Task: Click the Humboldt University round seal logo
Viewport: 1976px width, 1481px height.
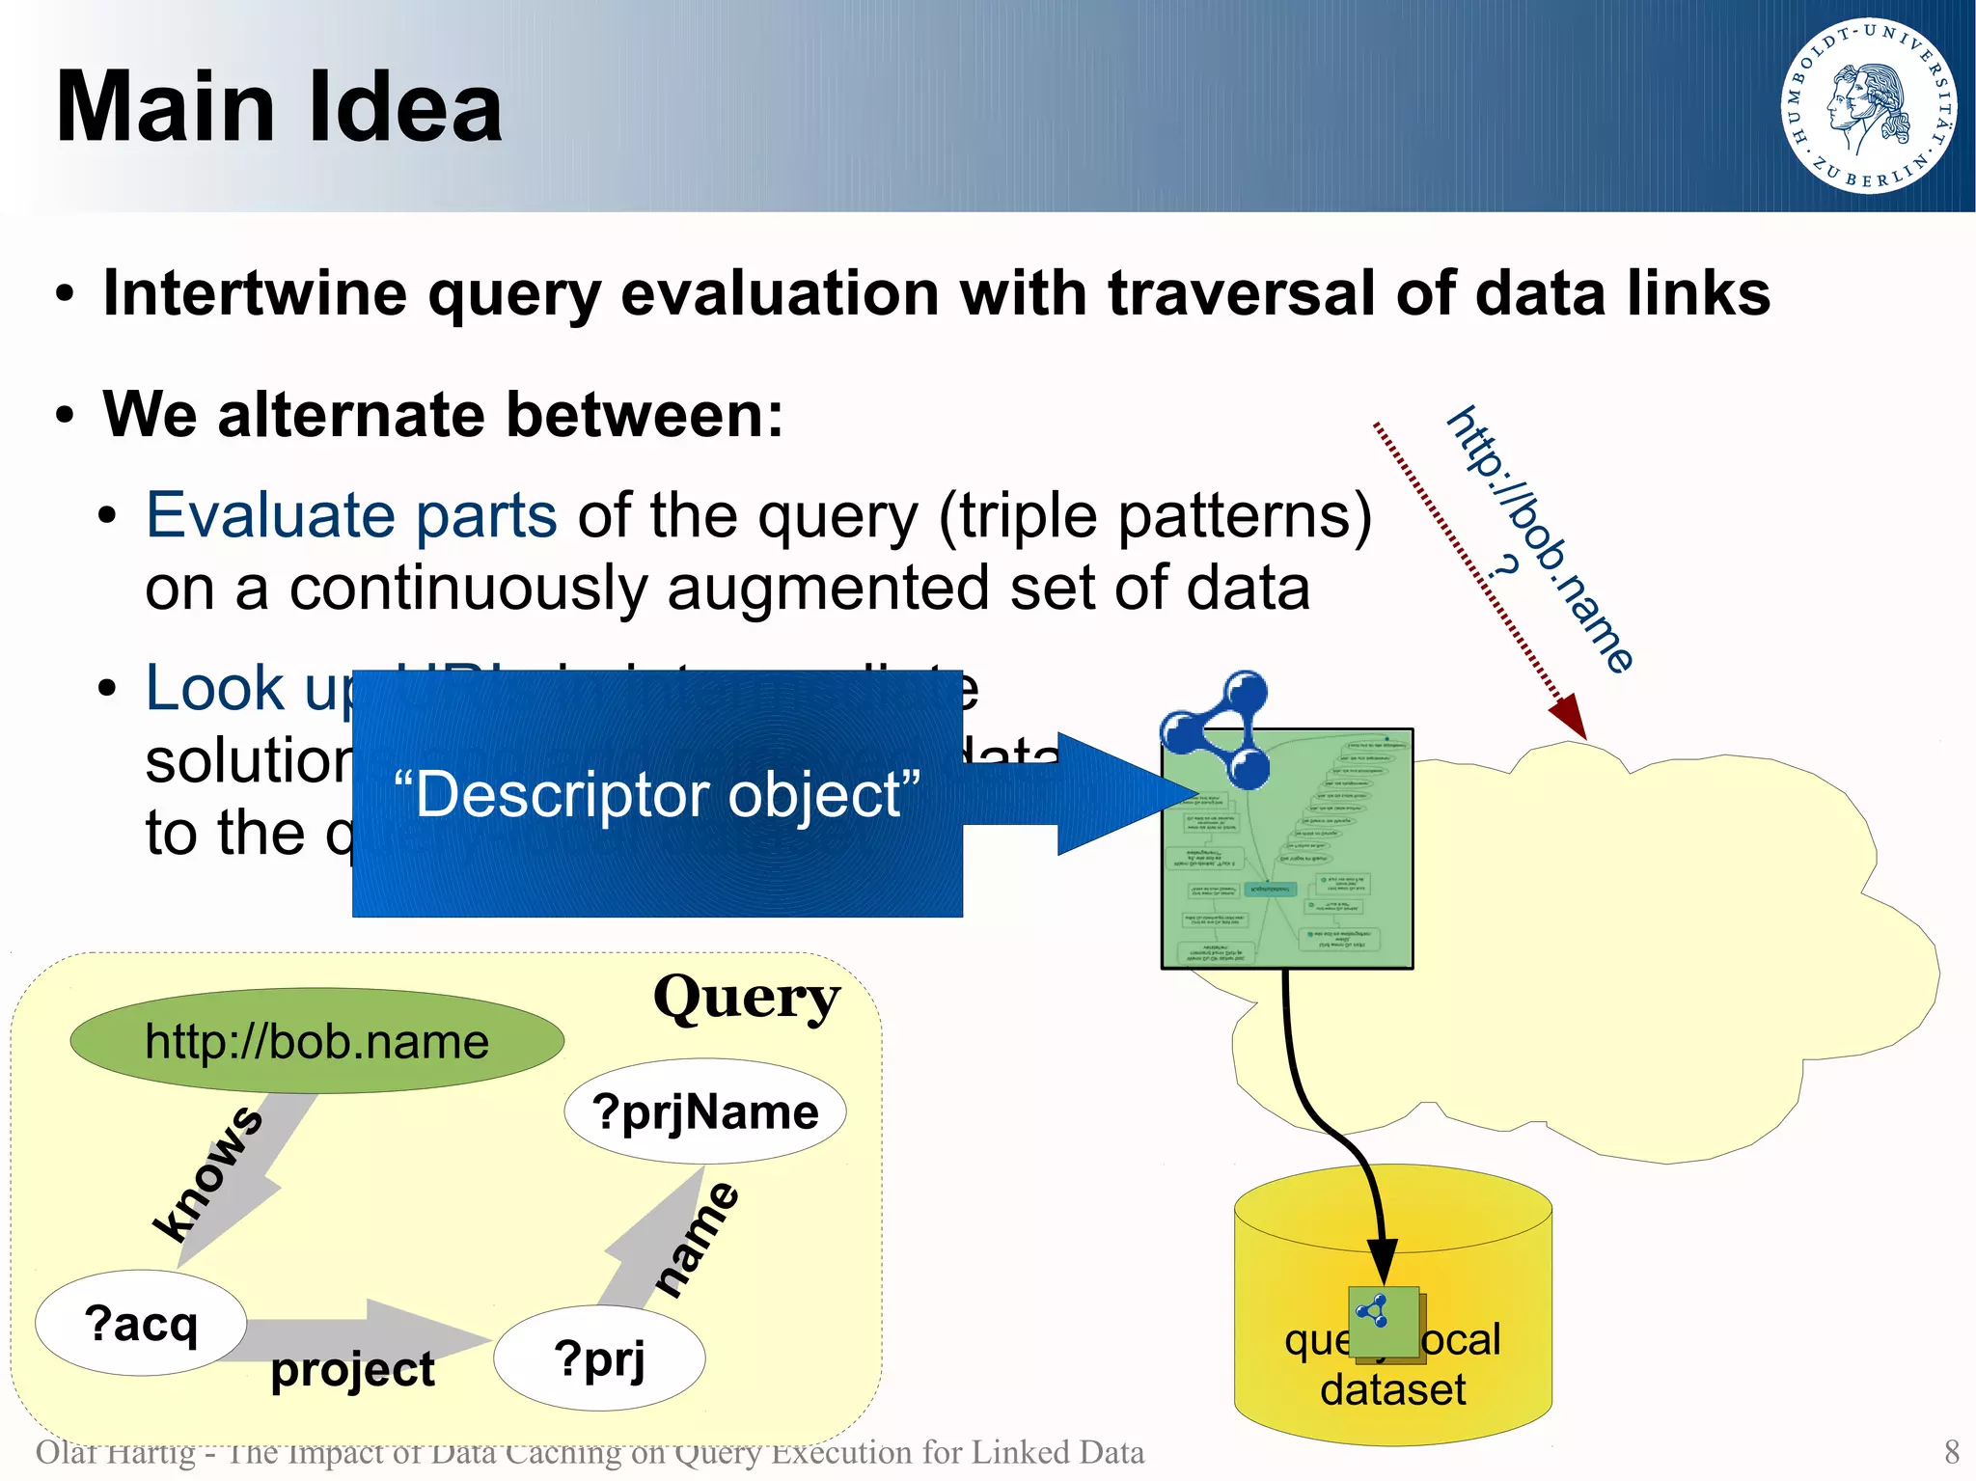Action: click(1868, 105)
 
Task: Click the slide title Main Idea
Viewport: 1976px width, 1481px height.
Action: click(279, 107)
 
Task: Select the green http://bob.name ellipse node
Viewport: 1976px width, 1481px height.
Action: click(316, 1041)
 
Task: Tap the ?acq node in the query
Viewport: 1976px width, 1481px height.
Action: click(141, 1323)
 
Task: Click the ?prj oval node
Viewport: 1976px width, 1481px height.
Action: click(599, 1358)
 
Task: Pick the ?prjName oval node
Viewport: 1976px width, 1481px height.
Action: click(705, 1111)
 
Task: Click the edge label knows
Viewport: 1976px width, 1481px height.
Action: click(208, 1172)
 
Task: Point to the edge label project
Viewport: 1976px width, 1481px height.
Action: click(352, 1369)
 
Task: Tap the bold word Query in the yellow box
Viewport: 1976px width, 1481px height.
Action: click(746, 998)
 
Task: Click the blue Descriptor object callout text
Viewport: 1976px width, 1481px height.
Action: click(656, 794)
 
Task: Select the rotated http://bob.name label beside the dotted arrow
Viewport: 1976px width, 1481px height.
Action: click(1541, 539)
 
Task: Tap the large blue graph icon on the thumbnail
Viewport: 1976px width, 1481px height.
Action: click(1218, 728)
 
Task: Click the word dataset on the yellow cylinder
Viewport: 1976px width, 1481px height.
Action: click(1392, 1390)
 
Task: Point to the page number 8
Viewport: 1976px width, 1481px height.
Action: click(1951, 1451)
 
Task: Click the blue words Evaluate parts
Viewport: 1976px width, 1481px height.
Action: click(351, 515)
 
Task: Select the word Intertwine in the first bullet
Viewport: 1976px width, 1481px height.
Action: click(255, 293)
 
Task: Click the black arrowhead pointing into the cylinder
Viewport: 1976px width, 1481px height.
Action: click(1383, 1260)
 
